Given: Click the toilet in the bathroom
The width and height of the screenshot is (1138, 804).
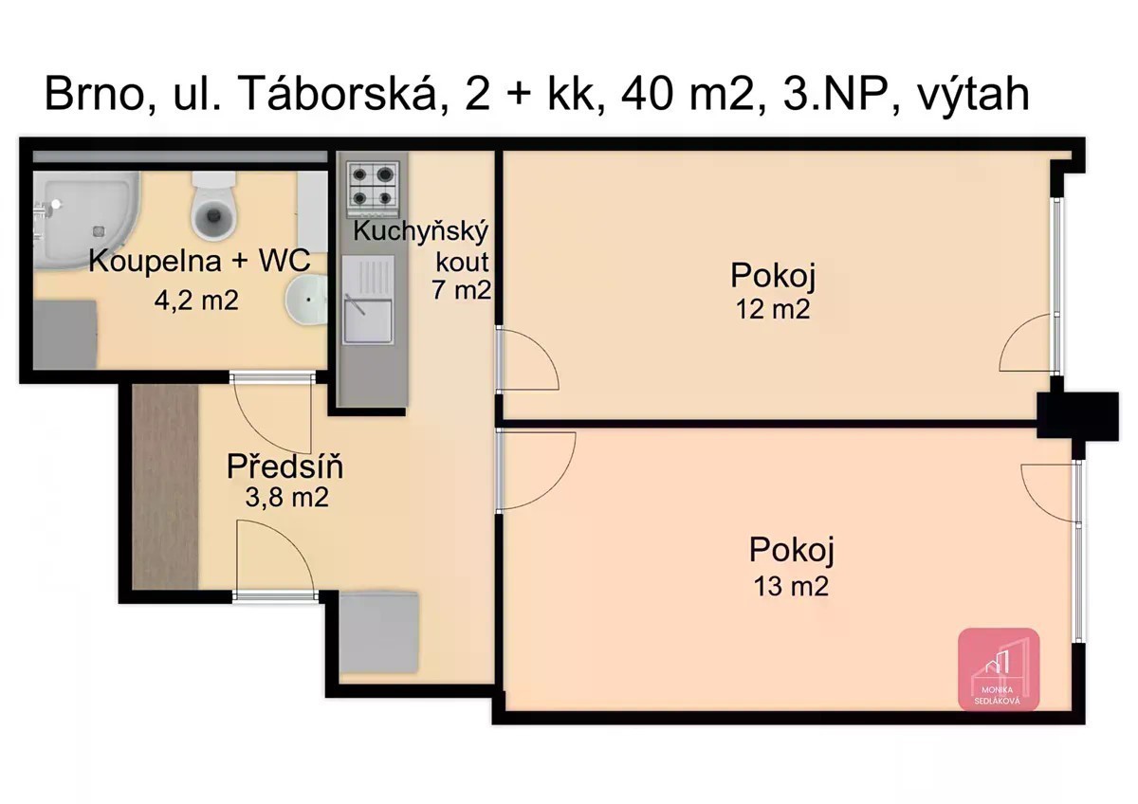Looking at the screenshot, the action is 214,205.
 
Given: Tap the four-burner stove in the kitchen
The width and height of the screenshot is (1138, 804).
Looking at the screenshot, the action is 373,189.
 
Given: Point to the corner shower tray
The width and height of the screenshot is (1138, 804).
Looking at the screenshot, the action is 85,219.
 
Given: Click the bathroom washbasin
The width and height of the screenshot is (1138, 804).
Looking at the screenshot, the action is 305,300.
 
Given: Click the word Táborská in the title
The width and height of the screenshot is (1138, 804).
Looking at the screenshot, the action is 338,94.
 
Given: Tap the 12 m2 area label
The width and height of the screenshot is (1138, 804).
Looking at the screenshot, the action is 773,309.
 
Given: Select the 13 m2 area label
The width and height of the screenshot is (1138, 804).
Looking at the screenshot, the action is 791,586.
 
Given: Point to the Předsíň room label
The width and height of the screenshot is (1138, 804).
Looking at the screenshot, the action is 284,466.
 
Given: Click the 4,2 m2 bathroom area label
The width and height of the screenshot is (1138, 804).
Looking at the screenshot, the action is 196,301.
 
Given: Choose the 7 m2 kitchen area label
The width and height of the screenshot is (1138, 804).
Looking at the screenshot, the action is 461,290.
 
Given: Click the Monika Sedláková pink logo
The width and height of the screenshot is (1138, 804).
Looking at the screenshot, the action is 999,669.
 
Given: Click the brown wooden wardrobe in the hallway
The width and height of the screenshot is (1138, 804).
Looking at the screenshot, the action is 165,486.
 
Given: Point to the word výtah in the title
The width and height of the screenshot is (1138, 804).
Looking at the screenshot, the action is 973,96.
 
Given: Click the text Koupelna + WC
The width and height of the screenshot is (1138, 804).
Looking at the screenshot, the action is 199,261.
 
